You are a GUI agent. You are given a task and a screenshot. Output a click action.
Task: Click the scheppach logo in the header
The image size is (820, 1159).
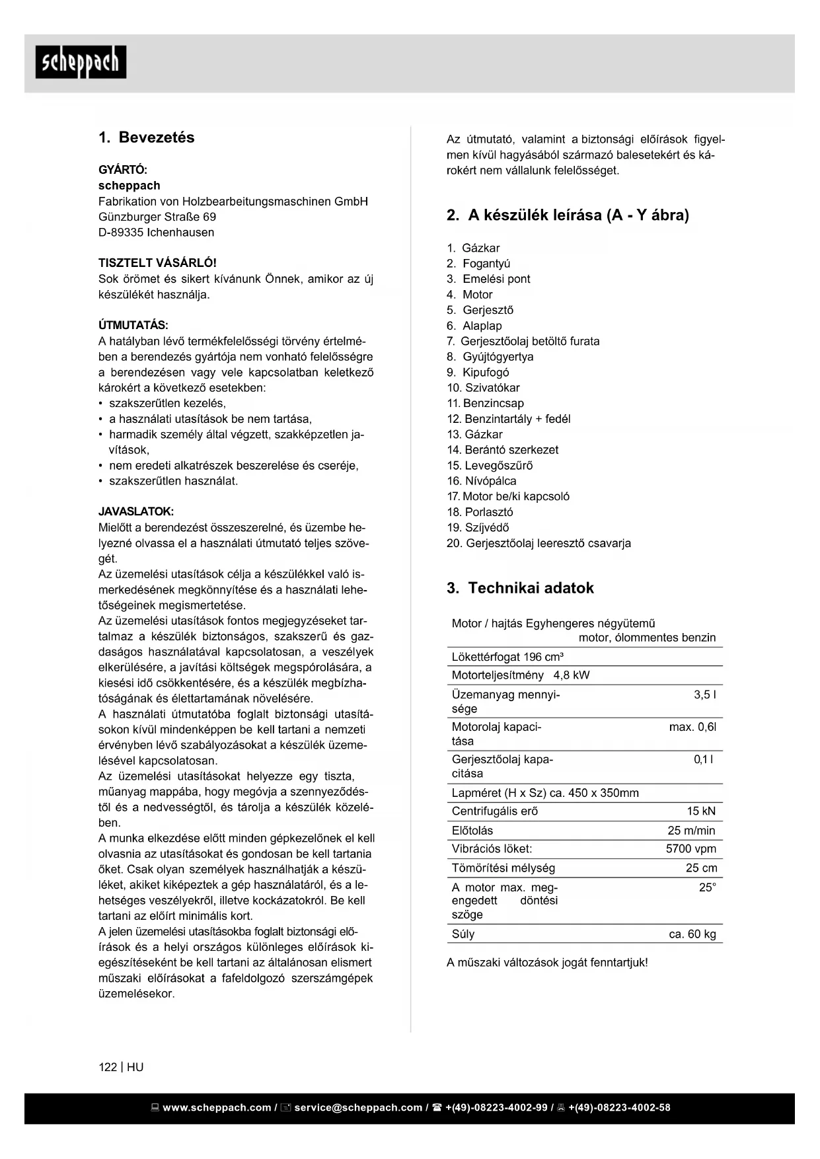pyautogui.click(x=81, y=62)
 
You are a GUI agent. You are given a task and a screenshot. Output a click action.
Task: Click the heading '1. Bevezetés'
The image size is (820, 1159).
pyautogui.click(x=147, y=137)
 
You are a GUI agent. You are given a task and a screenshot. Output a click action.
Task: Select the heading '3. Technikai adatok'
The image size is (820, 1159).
pyautogui.click(x=520, y=588)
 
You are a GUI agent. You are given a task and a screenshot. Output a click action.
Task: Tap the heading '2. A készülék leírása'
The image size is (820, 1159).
pyautogui.click(x=568, y=215)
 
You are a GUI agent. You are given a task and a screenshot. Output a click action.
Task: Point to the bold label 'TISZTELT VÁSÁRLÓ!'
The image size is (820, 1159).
pyautogui.click(x=157, y=263)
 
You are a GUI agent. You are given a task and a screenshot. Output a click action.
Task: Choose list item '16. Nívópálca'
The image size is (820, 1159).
pyautogui.click(x=482, y=481)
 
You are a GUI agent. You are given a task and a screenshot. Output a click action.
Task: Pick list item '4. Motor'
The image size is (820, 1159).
pyautogui.click(x=469, y=295)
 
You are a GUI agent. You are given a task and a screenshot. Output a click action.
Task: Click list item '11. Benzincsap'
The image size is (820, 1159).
pyautogui.click(x=485, y=403)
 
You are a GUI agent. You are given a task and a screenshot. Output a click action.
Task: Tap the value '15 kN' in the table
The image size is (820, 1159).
pyautogui.click(x=701, y=811)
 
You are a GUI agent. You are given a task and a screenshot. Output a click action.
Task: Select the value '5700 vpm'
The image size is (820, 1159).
pyautogui.click(x=690, y=849)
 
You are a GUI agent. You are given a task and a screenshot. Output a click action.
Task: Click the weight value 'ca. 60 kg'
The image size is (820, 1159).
pyautogui.click(x=692, y=934)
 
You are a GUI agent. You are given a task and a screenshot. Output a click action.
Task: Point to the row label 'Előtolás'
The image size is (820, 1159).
pyautogui.click(x=472, y=831)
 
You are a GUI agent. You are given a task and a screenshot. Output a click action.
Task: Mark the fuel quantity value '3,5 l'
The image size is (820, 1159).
pyautogui.click(x=704, y=694)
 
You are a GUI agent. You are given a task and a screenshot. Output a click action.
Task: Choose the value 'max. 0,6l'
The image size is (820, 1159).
pyautogui.click(x=692, y=727)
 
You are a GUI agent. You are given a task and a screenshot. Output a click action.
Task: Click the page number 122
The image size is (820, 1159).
pyautogui.click(x=107, y=1067)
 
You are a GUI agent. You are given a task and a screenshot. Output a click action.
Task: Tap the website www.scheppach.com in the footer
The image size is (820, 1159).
pyautogui.click(x=216, y=1107)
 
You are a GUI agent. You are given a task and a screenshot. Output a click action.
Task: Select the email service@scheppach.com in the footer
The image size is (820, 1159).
pyautogui.click(x=357, y=1107)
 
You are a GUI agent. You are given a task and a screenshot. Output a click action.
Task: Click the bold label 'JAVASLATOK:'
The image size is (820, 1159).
pyautogui.click(x=136, y=511)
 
